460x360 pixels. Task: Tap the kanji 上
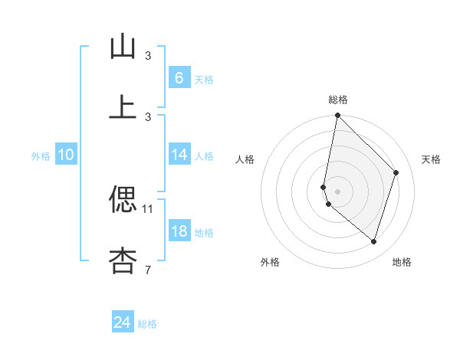pos(123,107)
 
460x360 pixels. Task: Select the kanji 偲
pos(123,200)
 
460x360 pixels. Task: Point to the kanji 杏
pos(123,260)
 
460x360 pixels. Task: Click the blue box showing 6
pos(179,77)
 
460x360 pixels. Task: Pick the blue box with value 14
pos(179,155)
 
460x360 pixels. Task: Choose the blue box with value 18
pos(179,231)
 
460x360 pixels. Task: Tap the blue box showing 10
pos(66,155)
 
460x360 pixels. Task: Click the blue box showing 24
pos(123,322)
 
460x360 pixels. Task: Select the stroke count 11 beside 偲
pos(148,208)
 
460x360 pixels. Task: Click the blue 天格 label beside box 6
pos(204,79)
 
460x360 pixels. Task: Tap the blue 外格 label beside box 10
pos(41,155)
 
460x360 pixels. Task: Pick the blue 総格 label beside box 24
pos(147,324)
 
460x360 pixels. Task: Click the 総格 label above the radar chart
pos(338,100)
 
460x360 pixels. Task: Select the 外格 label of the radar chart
pos(270,262)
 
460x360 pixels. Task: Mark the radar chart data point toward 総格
pos(337,116)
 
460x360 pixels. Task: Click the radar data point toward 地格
pos(373,242)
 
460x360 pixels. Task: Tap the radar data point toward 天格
pos(396,172)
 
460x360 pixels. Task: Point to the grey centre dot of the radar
pos(337,191)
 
